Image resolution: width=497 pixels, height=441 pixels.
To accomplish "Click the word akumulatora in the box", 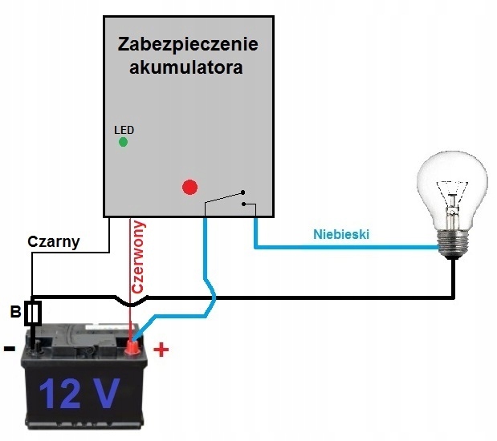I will [186, 68].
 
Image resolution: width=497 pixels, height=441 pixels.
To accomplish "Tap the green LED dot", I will [123, 142].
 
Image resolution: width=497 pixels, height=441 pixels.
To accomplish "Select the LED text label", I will [124, 129].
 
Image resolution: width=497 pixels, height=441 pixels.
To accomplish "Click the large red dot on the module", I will [189, 188].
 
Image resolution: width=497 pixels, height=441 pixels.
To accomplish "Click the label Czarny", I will [54, 241].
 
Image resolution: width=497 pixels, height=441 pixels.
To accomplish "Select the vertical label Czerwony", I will [137, 257].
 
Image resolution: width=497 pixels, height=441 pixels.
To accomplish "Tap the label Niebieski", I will [341, 234].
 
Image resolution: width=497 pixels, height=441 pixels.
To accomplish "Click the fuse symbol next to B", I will [33, 314].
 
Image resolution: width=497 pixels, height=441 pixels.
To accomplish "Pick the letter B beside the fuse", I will [14, 312].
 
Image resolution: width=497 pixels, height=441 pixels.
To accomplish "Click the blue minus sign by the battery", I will [9, 349].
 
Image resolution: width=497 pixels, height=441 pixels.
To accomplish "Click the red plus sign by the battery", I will [161, 350].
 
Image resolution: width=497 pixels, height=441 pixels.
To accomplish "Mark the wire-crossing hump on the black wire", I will [132, 301].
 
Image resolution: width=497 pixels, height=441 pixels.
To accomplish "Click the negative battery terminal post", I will [35, 346].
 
